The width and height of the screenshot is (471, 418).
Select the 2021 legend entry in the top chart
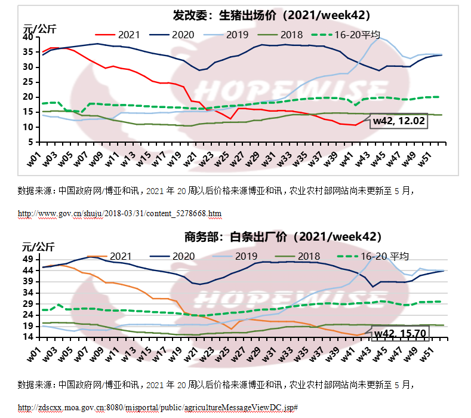coord(124,34)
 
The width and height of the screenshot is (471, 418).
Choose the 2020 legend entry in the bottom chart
coord(180,256)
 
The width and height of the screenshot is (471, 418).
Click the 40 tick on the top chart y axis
coord(28,37)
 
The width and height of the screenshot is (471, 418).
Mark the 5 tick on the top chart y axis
coord(31,142)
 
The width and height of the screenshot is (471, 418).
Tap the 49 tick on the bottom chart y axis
coord(28,259)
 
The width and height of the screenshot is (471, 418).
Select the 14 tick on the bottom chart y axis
coord(28,337)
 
